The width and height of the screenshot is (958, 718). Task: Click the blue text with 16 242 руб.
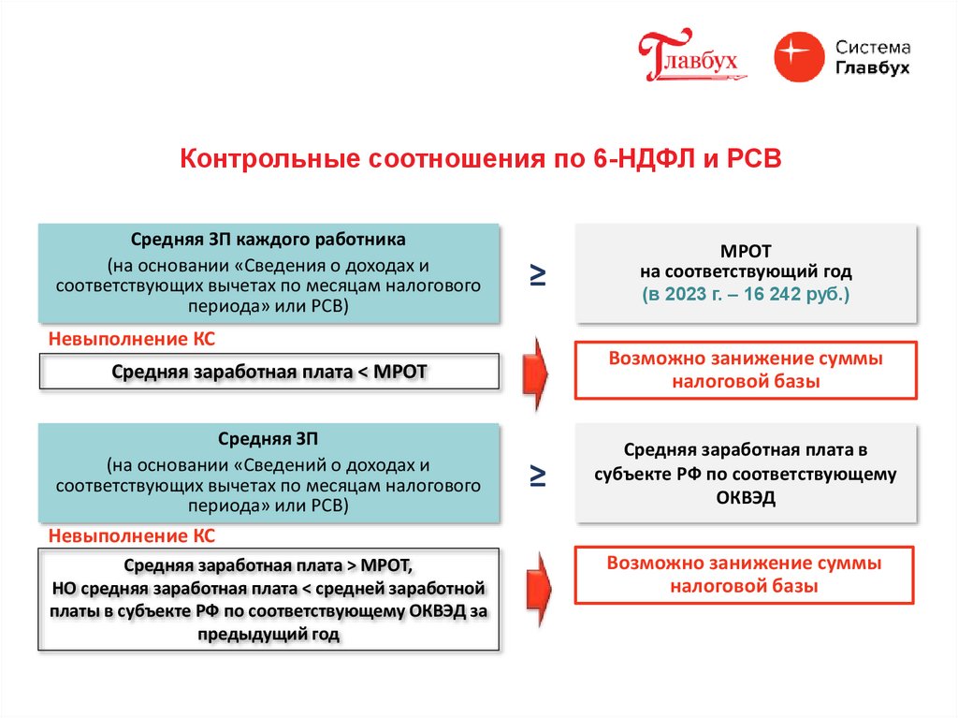(746, 295)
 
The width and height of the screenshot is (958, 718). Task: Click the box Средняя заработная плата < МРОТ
(269, 372)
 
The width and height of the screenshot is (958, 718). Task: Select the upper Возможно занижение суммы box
(746, 370)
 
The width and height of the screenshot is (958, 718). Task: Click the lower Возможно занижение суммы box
(746, 575)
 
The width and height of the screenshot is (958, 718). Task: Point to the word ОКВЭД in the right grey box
(746, 499)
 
